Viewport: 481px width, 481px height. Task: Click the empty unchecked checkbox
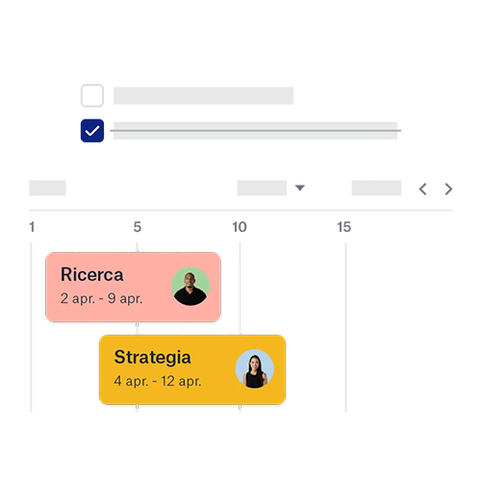point(92,95)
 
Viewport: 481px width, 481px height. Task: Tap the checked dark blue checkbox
point(92,131)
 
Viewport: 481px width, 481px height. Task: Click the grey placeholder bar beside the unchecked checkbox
point(203,95)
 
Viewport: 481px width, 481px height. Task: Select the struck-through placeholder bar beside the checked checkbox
point(255,131)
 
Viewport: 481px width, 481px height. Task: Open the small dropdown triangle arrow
point(300,188)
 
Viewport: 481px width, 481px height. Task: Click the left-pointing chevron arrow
point(423,189)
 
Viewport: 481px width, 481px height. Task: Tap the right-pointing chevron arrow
point(448,189)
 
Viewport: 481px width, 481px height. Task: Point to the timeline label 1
point(32,227)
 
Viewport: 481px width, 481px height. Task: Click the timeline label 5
point(138,227)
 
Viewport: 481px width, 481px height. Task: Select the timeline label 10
point(240,227)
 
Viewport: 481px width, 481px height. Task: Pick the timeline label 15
point(344,227)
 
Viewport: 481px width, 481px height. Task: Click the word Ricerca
point(92,274)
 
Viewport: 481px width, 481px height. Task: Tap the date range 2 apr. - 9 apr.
point(101,299)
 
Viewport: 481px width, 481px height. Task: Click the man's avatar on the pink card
point(190,286)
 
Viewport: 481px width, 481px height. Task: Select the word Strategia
point(153,358)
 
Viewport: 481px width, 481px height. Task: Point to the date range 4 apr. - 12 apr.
point(158,381)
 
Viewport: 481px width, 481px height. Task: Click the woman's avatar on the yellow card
point(255,368)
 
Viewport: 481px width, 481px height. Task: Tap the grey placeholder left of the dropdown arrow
point(262,188)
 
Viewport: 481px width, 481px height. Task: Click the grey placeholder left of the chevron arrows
point(376,188)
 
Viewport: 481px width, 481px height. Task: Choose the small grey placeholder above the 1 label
point(47,188)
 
